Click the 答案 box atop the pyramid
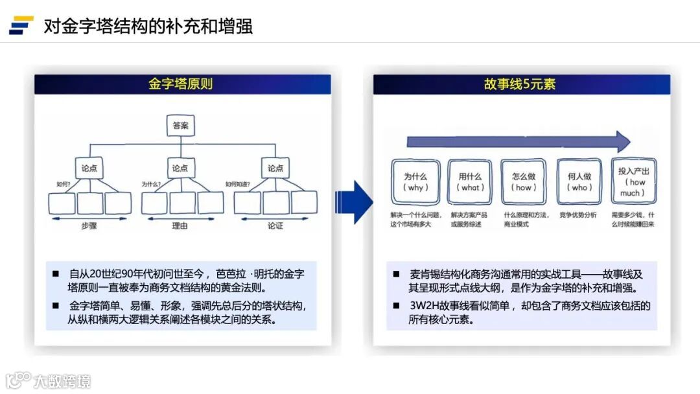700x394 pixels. [181, 126]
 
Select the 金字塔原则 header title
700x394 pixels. [181, 84]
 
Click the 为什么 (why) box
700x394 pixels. [415, 181]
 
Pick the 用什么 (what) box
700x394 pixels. [470, 181]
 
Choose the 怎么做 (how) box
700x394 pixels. [524, 181]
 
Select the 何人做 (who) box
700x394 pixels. [579, 181]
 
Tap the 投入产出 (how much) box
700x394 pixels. [633, 182]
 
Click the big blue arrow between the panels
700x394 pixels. [353, 202]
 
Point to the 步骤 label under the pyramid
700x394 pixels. [89, 226]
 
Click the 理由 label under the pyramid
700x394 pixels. [181, 226]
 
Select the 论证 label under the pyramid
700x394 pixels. [275, 226]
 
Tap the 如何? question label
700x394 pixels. [62, 184]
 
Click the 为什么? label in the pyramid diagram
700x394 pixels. [151, 184]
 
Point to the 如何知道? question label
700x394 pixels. [237, 184]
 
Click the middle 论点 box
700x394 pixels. [181, 168]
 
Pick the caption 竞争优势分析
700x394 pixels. [578, 214]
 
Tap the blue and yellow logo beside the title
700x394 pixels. [21, 25]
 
